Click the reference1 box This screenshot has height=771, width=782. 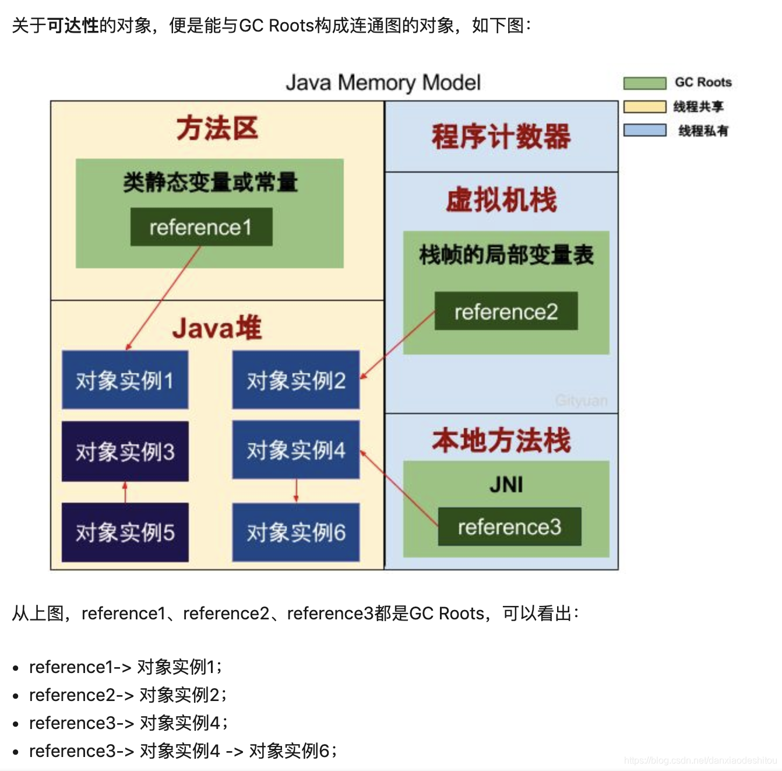tap(201, 227)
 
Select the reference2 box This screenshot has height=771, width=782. tap(506, 311)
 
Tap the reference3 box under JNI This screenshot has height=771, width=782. tap(509, 527)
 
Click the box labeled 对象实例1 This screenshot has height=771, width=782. tap(125, 380)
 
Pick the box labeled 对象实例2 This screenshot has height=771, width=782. tap(295, 380)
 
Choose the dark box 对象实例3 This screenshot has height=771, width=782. tap(125, 451)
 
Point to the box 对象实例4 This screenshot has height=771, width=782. tap(295, 450)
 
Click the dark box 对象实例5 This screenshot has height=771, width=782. tap(125, 532)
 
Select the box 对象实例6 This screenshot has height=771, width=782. tap(295, 532)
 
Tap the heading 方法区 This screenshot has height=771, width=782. tap(217, 128)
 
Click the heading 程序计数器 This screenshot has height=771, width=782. tap(501, 136)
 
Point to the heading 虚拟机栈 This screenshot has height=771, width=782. tap(501, 200)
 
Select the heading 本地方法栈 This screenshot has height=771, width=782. tap(501, 440)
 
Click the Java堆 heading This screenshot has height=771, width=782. tap(217, 328)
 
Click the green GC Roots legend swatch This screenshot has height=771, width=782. tap(644, 83)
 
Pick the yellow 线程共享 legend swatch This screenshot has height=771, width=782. tap(644, 107)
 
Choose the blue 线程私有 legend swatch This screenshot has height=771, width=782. tap(644, 130)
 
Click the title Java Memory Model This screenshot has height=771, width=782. tap(383, 83)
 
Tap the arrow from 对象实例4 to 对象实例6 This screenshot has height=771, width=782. tap(296, 490)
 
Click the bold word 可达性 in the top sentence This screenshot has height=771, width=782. tap(73, 26)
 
